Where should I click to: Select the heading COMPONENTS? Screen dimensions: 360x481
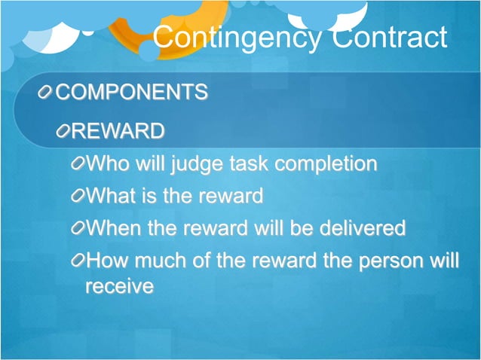coord(132,92)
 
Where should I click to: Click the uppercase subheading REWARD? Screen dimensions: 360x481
coord(118,132)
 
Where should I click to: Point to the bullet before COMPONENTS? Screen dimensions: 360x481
coord(47,93)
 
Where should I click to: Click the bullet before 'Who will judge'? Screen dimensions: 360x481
coord(78,164)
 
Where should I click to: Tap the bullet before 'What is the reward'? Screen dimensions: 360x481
coord(78,197)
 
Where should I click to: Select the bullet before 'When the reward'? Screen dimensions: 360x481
coord(78,228)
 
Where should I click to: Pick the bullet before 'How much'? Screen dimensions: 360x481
coord(78,261)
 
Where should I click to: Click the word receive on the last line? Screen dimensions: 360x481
coord(120,286)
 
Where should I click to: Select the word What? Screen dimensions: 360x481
coord(110,197)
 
